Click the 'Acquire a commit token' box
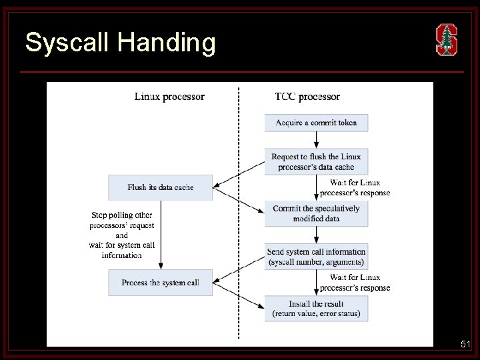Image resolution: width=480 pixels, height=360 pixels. pos(316,123)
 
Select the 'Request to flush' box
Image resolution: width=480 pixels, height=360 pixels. pos(316,161)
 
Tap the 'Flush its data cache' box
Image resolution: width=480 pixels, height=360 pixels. pos(161,187)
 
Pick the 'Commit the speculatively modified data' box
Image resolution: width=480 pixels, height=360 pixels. pos(316,213)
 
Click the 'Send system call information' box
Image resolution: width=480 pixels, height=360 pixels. pos(316,257)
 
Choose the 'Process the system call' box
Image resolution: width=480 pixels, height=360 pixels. pos(161,283)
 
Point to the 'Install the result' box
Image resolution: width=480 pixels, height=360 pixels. pos(316,309)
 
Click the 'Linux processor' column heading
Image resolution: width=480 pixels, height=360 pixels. pos(169,97)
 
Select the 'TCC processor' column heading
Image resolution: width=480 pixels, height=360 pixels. pos(307,97)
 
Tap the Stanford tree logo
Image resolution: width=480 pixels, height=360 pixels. pos(447,39)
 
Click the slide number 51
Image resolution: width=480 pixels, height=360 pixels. pos(466,345)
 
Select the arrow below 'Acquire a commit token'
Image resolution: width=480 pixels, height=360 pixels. pos(317,139)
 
